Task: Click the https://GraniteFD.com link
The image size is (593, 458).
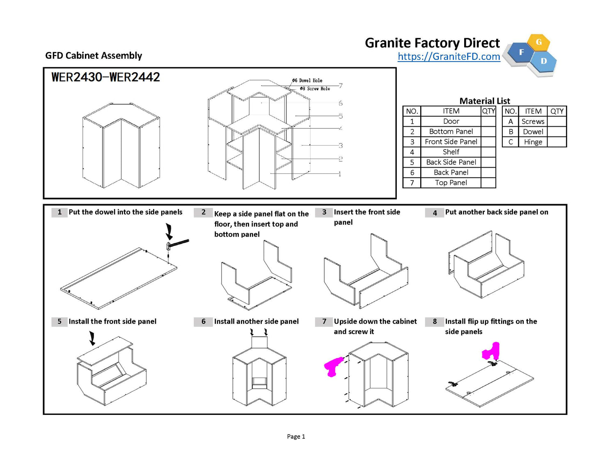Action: (449, 57)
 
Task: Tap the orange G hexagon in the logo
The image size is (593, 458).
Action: (538, 42)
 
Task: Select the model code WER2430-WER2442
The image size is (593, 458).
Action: (105, 77)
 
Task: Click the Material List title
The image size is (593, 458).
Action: (484, 101)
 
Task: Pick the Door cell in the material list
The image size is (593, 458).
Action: (451, 121)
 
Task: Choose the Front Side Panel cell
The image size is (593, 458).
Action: (451, 142)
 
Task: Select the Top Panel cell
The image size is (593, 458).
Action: (451, 183)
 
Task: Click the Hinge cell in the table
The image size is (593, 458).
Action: (533, 142)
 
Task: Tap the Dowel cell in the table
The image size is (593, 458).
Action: (533, 132)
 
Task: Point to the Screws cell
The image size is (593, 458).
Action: (533, 122)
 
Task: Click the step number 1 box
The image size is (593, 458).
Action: (60, 212)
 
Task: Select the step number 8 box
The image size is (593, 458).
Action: (435, 322)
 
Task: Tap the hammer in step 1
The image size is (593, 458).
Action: (177, 244)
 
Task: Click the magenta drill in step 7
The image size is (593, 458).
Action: (333, 366)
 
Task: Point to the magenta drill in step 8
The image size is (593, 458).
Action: (491, 351)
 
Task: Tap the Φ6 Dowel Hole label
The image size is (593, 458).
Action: (307, 81)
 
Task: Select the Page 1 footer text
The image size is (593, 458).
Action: (296, 437)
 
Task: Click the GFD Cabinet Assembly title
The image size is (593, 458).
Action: (94, 56)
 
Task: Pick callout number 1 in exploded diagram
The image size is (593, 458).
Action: (340, 174)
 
